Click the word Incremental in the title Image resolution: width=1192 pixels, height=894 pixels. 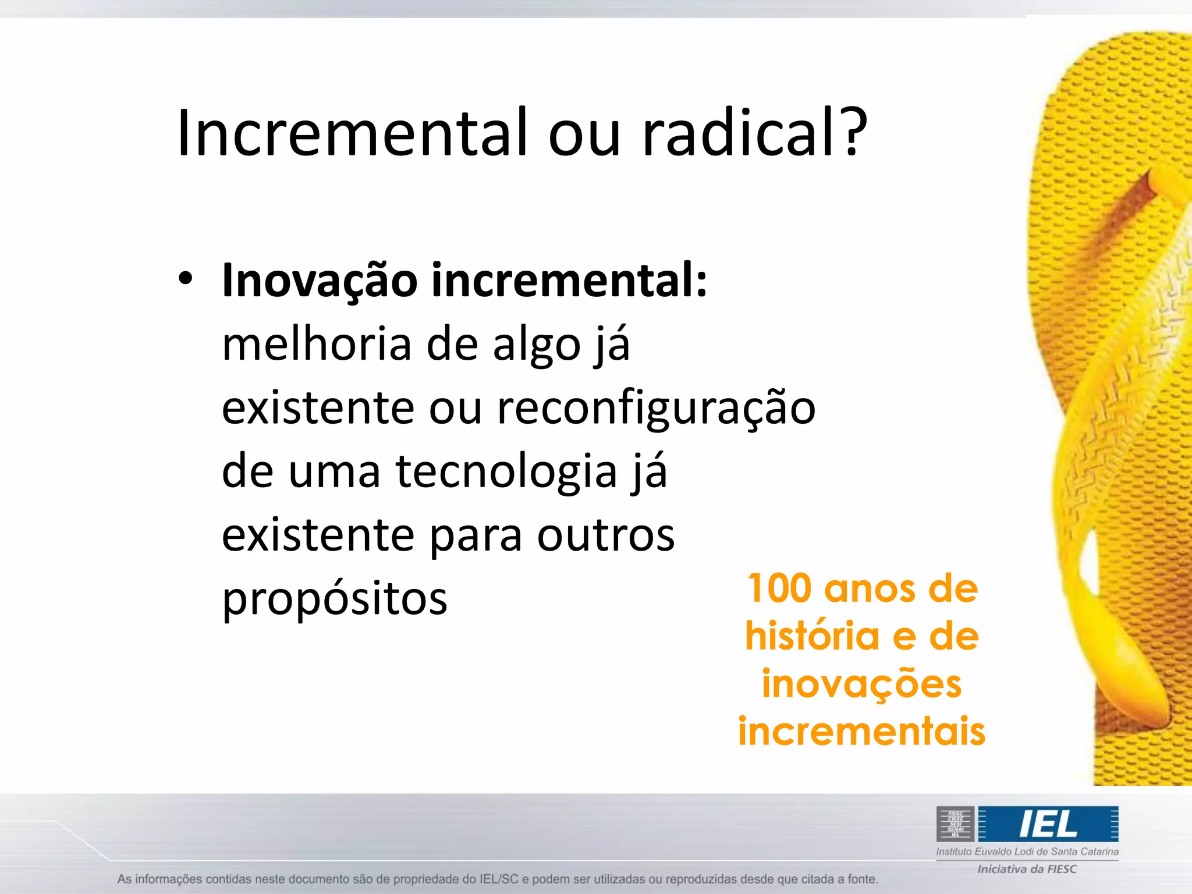(352, 133)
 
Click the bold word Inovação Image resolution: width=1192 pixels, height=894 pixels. (320, 281)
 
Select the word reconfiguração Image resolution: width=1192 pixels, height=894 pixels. (656, 409)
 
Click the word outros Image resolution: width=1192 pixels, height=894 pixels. (605, 535)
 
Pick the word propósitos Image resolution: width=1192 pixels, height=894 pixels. (335, 599)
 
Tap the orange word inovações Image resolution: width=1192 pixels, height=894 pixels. (861, 684)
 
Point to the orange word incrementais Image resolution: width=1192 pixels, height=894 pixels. (861, 731)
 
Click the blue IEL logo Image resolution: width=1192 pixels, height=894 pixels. (1048, 824)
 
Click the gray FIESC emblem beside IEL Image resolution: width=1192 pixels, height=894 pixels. (955, 824)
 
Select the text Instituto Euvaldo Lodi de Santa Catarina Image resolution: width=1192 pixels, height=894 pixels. (1027, 852)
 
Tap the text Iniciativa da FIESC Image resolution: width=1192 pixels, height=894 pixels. (1027, 869)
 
